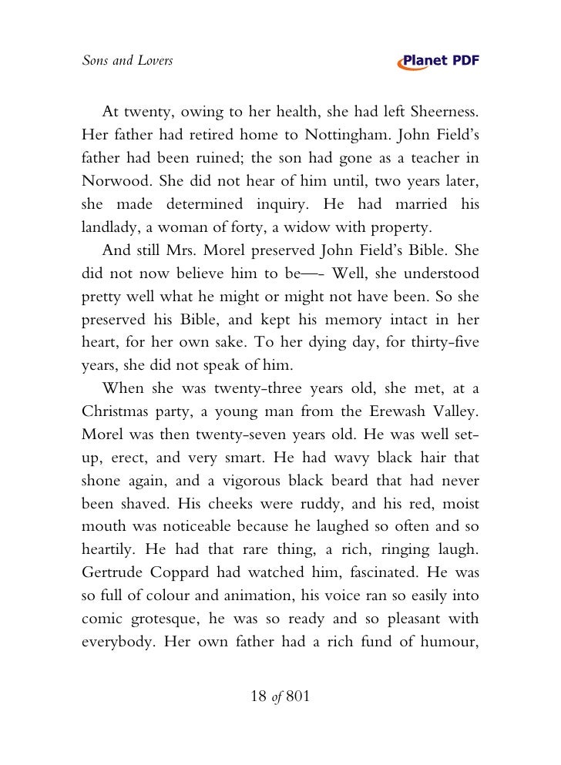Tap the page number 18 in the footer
pyautogui.click(x=260, y=697)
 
